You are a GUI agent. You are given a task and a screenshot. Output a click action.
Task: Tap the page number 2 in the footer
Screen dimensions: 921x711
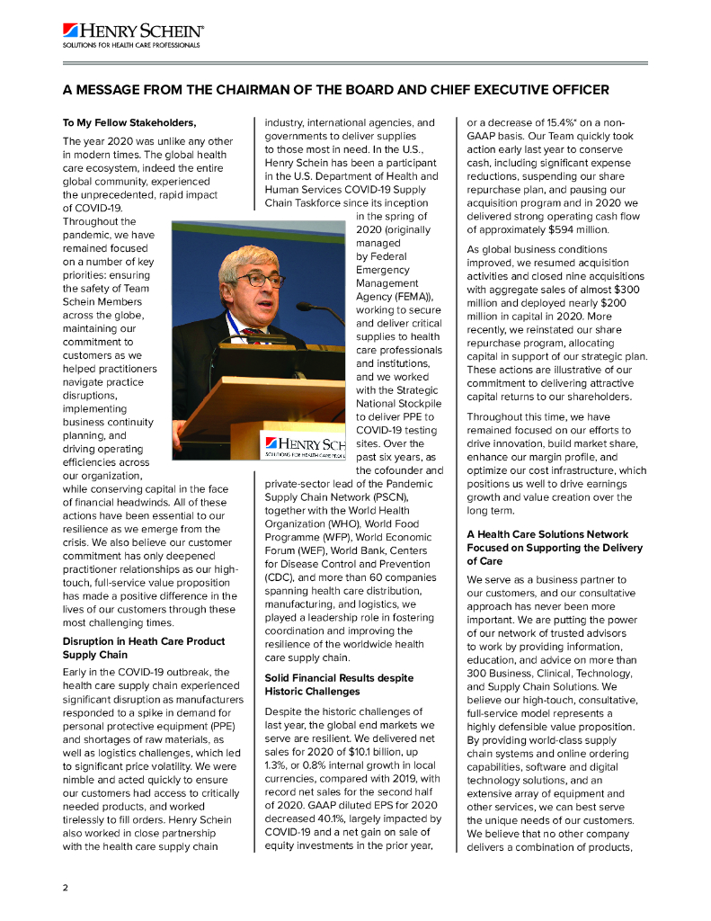(x=65, y=887)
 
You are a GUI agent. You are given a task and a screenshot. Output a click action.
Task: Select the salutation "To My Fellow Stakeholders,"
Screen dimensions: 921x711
(x=129, y=122)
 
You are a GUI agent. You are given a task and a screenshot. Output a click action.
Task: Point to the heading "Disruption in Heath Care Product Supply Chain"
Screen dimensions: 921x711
(x=143, y=648)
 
